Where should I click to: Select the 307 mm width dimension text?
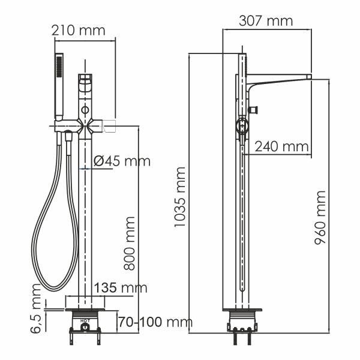(266, 21)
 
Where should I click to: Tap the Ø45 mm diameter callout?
(122, 161)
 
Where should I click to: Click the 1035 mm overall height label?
(179, 198)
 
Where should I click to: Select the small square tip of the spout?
(310, 76)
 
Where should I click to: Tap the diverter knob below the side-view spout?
(255, 109)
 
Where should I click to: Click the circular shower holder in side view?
(241, 126)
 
